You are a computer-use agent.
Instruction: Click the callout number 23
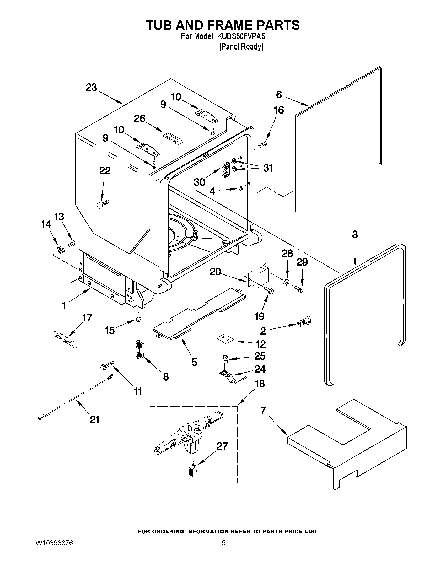pos(91,88)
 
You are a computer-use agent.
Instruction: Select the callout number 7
pos(263,411)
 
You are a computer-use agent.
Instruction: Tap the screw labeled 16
pos(262,144)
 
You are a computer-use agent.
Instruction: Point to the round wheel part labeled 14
pos(61,249)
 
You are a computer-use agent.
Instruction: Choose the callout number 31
pos(268,168)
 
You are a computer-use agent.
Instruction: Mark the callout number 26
pos(139,118)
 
